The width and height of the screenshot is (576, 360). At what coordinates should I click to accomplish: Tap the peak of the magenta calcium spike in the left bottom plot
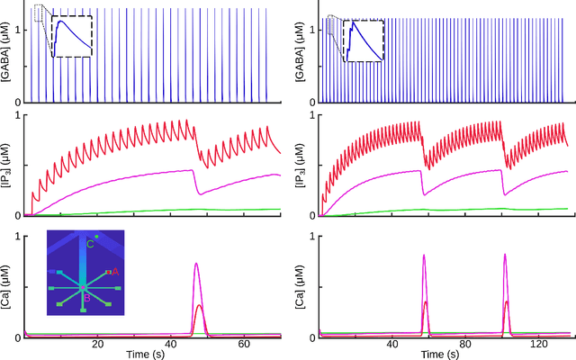pyautogui.click(x=196, y=265)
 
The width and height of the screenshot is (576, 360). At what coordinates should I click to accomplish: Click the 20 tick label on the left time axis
pyautogui.click(x=99, y=345)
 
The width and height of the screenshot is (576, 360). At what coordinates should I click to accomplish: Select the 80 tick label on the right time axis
pyautogui.click(x=465, y=345)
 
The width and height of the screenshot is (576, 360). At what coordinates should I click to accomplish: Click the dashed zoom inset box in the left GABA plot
pyautogui.click(x=71, y=36)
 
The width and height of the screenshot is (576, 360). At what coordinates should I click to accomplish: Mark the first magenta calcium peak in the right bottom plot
pyautogui.click(x=424, y=256)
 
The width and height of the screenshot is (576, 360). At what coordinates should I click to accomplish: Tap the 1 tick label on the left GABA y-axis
pyautogui.click(x=19, y=29)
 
